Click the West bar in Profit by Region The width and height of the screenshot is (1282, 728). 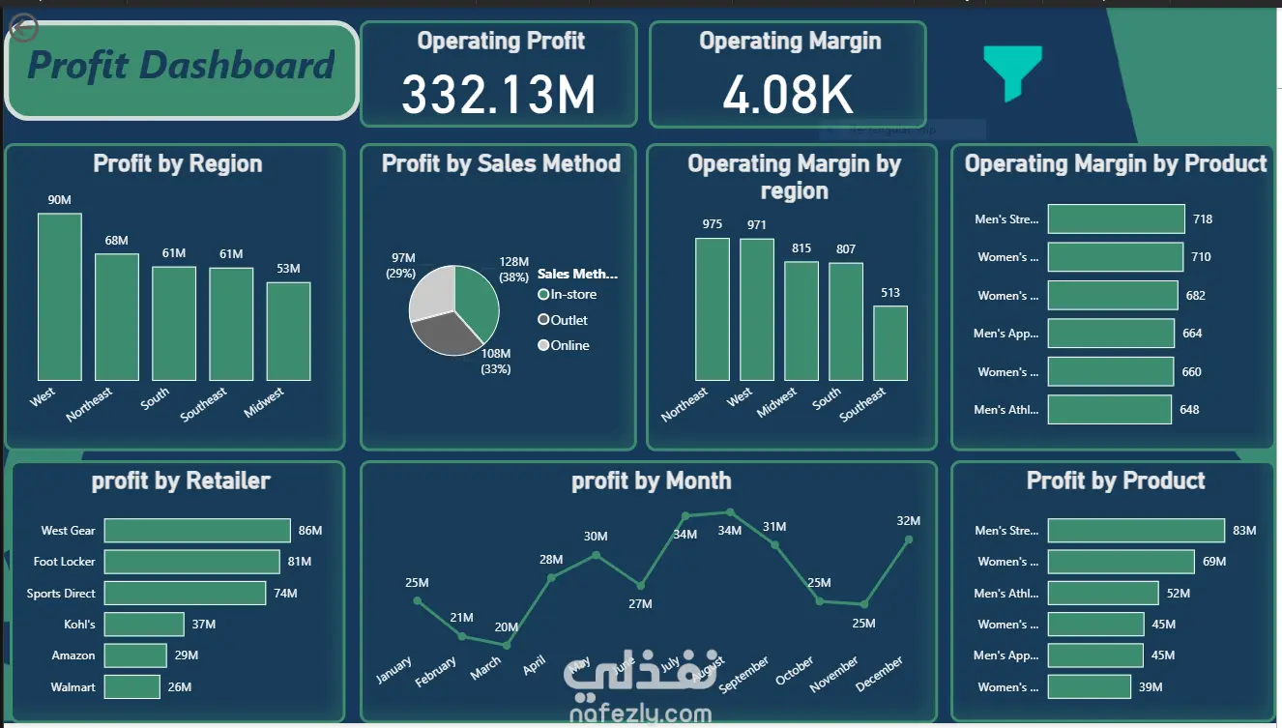[60, 297]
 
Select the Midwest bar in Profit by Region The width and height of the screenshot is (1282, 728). [288, 331]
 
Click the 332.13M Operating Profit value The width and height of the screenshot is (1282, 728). [498, 95]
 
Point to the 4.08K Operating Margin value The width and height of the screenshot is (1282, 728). [788, 95]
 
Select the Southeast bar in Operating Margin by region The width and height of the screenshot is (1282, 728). [890, 343]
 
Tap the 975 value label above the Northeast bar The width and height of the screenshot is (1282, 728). [713, 224]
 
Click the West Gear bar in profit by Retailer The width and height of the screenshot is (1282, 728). [197, 531]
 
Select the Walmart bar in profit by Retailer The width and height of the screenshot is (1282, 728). [131, 686]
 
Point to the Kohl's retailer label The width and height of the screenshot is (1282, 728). [80, 625]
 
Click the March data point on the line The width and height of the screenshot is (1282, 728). [507, 645]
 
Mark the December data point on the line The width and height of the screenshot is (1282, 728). [909, 539]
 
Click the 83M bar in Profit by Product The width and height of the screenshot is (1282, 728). [1136, 531]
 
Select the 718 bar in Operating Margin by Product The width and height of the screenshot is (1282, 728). [1116, 219]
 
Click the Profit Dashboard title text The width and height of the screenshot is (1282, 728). [181, 66]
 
